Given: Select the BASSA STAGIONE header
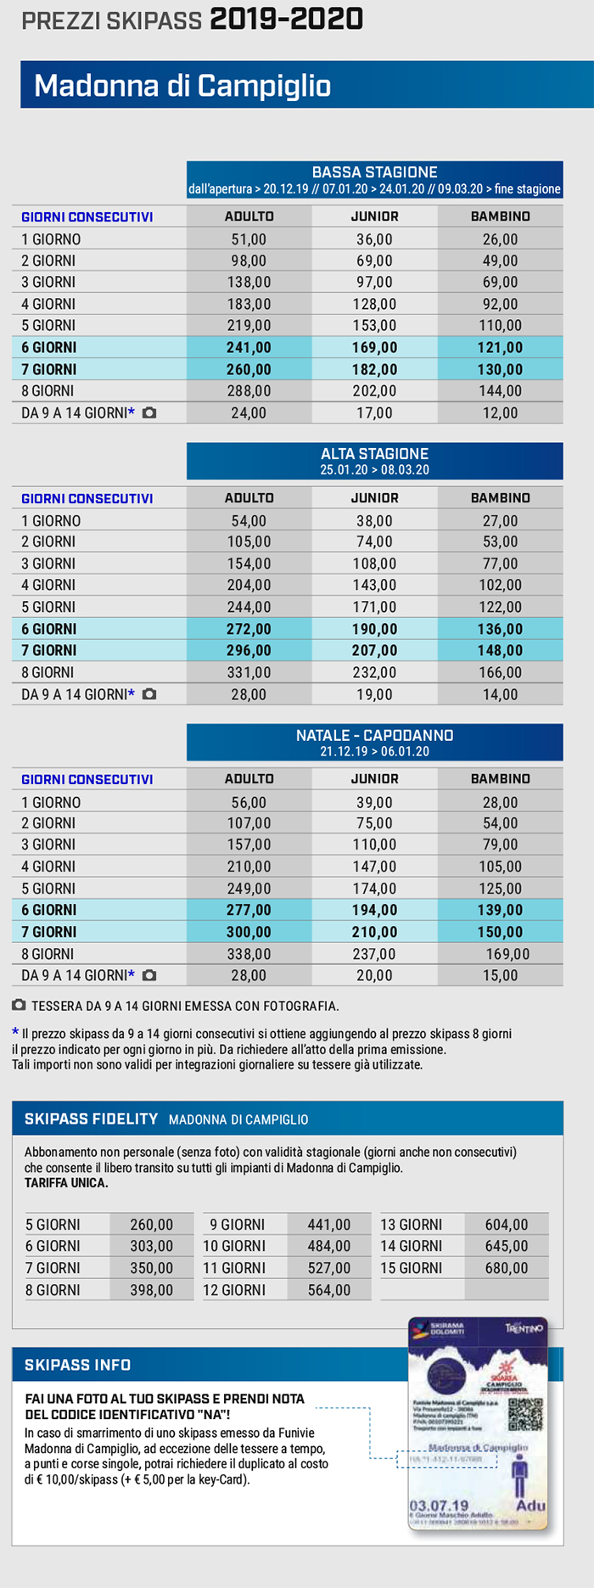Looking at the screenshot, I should [374, 172].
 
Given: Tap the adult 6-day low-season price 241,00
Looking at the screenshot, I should [249, 347].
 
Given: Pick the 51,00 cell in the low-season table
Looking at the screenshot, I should [249, 239].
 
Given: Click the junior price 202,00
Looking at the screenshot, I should [374, 391].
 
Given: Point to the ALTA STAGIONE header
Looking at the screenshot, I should [374, 454].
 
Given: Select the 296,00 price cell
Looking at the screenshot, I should [249, 651].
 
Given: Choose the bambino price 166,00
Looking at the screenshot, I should [500, 672].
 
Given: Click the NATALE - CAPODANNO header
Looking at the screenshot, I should [374, 735].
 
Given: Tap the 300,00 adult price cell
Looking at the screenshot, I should [249, 932].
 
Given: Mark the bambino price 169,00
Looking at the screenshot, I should [507, 954].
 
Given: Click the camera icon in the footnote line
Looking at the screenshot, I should [19, 1006].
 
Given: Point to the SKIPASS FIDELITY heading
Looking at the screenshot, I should [91, 1119].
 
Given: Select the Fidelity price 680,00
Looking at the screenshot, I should [506, 1268].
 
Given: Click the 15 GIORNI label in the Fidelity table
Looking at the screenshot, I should [411, 1268].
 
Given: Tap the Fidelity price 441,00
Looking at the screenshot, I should [328, 1225].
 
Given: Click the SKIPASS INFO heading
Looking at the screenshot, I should [77, 1365].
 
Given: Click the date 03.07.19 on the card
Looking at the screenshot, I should [439, 1505].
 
